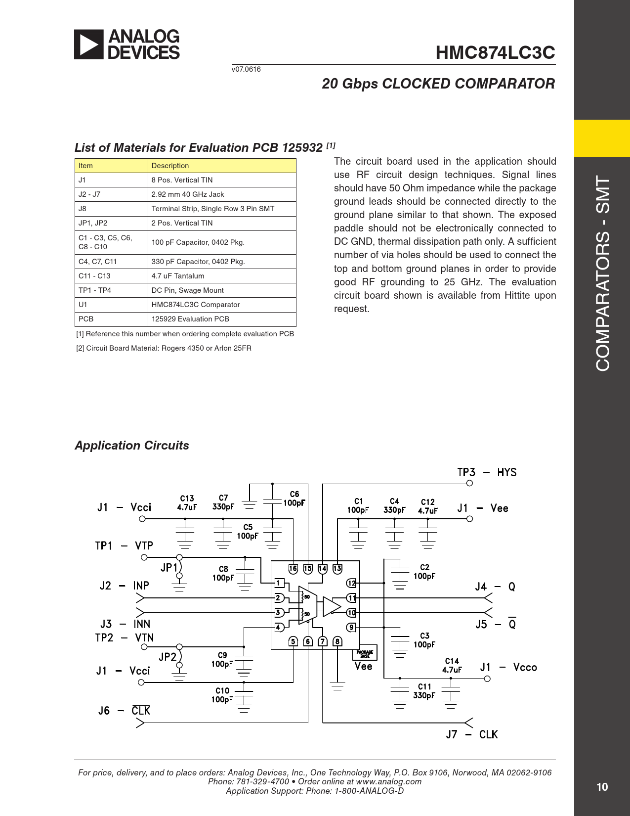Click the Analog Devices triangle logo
89,45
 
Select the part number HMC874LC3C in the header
495,53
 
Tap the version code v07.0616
246,69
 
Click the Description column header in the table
170,166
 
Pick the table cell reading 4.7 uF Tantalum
178,276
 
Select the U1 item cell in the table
83,305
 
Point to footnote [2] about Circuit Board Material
164,348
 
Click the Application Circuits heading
132,446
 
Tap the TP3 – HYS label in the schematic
487,472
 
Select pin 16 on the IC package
293,569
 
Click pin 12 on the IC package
351,583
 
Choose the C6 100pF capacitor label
294,499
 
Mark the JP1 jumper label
169,567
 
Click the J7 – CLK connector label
472,734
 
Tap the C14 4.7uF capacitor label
452,665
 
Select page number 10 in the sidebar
602,787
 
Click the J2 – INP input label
124,586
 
